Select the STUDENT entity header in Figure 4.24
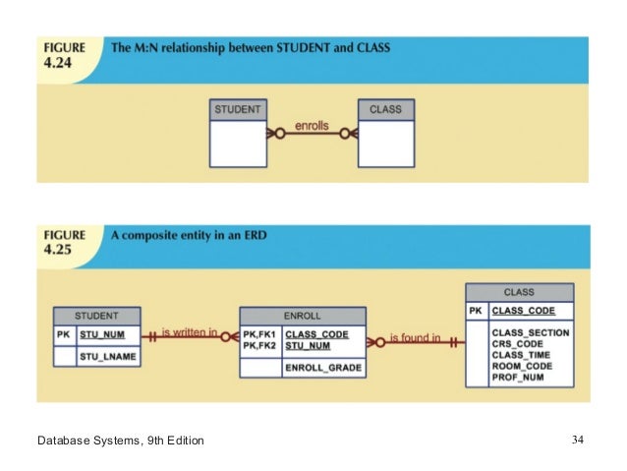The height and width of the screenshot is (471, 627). tap(237, 109)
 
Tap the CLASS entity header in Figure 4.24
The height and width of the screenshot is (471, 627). tap(385, 109)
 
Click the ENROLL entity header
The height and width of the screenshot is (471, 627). tap(303, 317)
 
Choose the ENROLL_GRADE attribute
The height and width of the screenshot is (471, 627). tap(322, 368)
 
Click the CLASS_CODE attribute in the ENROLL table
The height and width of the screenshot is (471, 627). tap(316, 333)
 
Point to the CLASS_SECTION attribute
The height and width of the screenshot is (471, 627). tap(531, 332)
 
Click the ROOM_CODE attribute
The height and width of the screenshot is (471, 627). tap(523, 365)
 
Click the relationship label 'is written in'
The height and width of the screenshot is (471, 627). tap(190, 333)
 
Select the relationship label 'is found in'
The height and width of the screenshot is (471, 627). tap(415, 338)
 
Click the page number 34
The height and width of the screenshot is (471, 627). tap(577, 439)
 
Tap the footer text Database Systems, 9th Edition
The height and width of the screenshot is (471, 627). tap(121, 440)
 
